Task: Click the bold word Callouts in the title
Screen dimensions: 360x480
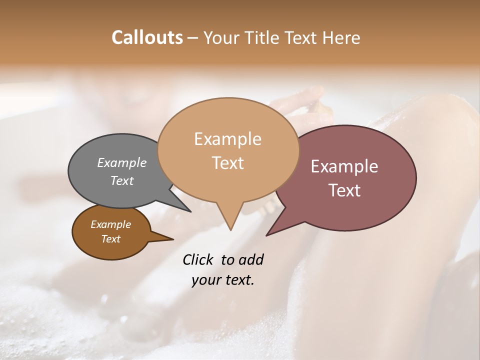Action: (x=147, y=37)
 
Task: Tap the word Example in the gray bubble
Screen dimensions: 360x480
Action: (x=122, y=162)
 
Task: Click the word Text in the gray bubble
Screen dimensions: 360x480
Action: (x=122, y=180)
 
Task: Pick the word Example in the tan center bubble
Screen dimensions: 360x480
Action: (x=227, y=139)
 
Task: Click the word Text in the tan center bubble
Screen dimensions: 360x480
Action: (x=227, y=163)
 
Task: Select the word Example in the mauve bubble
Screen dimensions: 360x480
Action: (x=344, y=166)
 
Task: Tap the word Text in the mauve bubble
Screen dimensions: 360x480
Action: (x=344, y=190)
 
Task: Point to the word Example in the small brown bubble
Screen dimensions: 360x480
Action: (x=110, y=224)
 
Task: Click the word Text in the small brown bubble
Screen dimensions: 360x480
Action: (x=110, y=239)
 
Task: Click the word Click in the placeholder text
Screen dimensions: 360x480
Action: (x=199, y=259)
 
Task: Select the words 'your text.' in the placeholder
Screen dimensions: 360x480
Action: (x=223, y=280)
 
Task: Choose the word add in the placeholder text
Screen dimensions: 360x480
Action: (x=251, y=259)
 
